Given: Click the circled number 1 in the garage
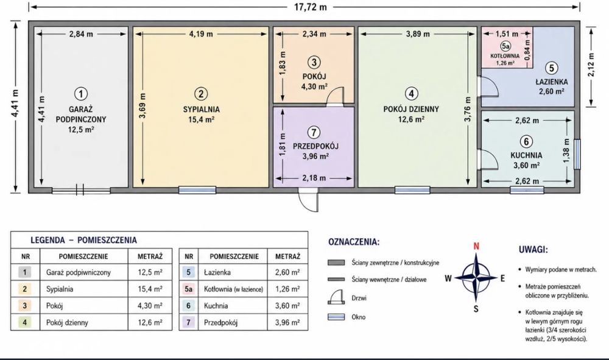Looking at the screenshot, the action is pos(81,94).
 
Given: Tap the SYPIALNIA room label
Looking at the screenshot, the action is pos(201,110).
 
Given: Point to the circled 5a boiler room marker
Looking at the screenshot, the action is pos(505,46).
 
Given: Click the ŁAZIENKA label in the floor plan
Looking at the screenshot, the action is pos(552,82).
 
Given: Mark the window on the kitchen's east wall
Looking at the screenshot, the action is pos(577,154).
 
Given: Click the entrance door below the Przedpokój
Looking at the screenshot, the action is pos(308,200).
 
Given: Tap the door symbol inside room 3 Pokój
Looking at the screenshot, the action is pos(335,96).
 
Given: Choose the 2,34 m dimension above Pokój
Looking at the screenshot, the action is pos(314,34).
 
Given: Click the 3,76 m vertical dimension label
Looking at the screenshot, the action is pos(468,109).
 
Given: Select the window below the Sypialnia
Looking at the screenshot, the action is pos(197,190).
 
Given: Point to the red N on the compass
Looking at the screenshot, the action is pos(476,246).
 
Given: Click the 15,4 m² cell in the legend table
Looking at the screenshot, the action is pos(150,289).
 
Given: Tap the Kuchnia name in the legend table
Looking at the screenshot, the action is pos(216,306).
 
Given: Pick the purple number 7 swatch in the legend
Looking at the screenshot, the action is pos(189,322).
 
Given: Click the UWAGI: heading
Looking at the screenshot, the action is pos(533,249).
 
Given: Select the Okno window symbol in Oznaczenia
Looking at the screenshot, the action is pos(336,317).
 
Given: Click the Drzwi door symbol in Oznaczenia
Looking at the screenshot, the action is pos(336,297).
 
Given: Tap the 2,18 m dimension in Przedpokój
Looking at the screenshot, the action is pos(314,178).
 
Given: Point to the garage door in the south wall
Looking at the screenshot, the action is pos(81,190).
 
